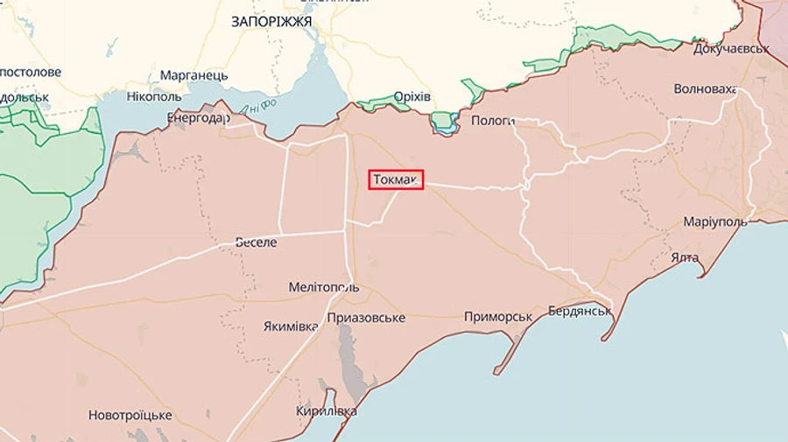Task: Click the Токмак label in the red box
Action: (x=397, y=179)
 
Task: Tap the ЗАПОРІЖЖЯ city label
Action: (x=271, y=22)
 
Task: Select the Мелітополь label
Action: (x=323, y=287)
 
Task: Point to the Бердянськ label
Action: (x=579, y=311)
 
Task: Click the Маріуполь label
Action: (x=715, y=221)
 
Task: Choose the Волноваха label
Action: (x=705, y=89)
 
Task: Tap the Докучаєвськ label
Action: (x=730, y=48)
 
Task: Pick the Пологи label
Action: (x=493, y=121)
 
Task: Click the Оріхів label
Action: (x=412, y=96)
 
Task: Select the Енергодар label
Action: (x=198, y=117)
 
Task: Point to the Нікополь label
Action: (x=153, y=95)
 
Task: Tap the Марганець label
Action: (x=193, y=75)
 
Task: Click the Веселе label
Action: (x=256, y=242)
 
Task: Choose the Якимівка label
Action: (x=291, y=326)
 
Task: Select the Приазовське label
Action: (x=366, y=318)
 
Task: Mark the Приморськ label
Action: (x=498, y=317)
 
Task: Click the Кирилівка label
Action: (x=327, y=410)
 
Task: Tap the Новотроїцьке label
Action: (x=130, y=415)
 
